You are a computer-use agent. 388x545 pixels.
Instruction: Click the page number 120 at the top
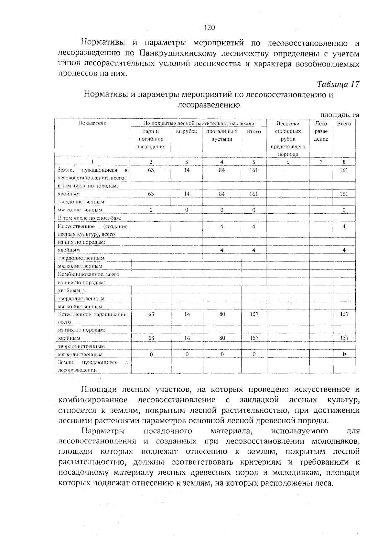(210, 28)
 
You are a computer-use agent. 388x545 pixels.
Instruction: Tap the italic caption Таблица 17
(338, 84)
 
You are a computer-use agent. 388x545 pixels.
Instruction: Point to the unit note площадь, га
(339, 115)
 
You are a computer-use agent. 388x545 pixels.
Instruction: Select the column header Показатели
(92, 123)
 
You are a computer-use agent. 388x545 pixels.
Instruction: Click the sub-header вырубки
(187, 131)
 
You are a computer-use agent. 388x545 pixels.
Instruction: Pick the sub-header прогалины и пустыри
(222, 135)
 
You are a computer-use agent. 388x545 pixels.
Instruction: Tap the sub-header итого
(254, 131)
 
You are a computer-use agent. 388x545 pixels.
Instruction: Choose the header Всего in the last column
(344, 124)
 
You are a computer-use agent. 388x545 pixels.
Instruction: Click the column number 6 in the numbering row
(288, 162)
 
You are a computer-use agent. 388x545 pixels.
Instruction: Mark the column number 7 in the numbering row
(321, 162)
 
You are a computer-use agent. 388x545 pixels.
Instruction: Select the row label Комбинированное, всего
(88, 274)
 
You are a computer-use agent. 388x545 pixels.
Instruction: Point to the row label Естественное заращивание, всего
(92, 318)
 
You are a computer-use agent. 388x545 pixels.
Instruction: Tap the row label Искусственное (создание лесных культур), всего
(92, 230)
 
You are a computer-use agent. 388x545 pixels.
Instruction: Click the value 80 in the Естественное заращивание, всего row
(222, 314)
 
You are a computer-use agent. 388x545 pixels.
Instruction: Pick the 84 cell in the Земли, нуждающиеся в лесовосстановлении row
(221, 170)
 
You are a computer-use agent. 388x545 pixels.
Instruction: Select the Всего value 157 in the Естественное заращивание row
(344, 314)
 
